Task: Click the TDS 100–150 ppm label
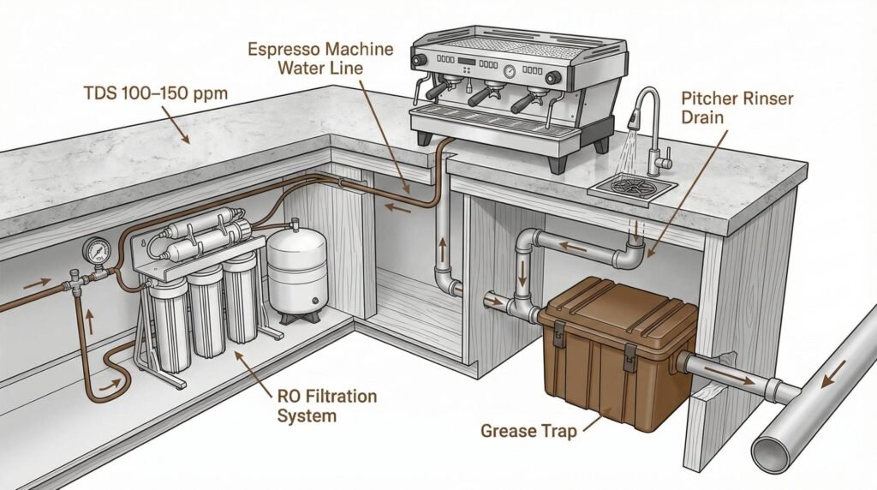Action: [x=155, y=92]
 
